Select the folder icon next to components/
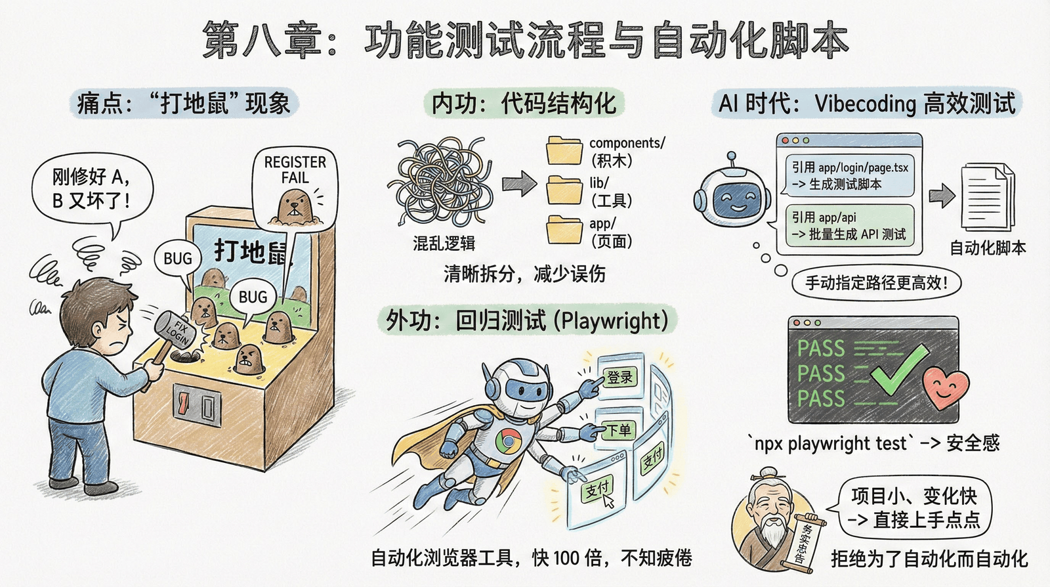[x=564, y=150]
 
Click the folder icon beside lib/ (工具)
[x=564, y=190]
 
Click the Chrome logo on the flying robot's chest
[x=507, y=440]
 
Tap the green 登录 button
[x=619, y=377]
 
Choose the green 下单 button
[x=618, y=429]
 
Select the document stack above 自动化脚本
[x=986, y=197]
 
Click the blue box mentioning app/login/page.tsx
[x=849, y=175]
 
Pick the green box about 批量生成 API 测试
[x=849, y=226]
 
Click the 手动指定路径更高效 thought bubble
[x=876, y=283]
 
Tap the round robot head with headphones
[x=732, y=193]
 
